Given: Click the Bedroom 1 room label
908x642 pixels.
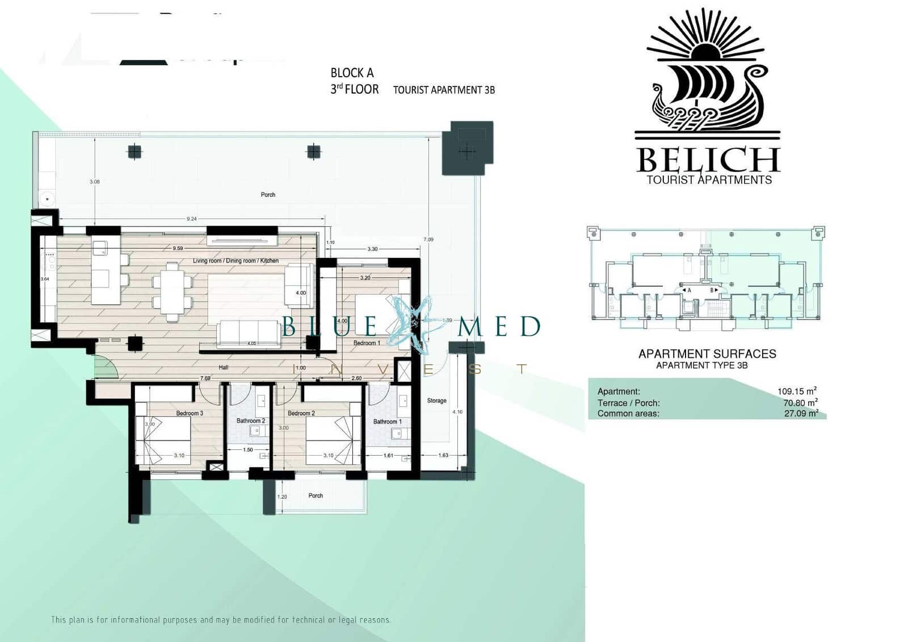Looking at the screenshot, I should (367, 343).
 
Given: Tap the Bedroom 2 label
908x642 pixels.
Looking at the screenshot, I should (301, 413).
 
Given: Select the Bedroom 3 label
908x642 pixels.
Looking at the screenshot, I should (190, 413).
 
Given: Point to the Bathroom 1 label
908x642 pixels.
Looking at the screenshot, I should (387, 422).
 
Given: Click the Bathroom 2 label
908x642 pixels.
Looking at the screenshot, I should (251, 421).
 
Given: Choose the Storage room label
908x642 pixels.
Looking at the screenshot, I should (436, 401).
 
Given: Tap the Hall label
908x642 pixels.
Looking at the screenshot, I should (224, 368).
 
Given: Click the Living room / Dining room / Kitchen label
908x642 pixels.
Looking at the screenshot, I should (236, 261).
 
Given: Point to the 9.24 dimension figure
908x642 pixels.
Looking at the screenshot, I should (191, 219).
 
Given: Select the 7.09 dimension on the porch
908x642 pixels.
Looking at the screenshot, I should (428, 239).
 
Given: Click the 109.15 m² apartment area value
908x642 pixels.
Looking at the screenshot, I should (797, 391).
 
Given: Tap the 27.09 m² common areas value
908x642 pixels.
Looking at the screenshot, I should (801, 414).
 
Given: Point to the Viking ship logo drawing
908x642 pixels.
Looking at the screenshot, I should (707, 94).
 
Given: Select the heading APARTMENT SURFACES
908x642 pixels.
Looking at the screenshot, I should (707, 353).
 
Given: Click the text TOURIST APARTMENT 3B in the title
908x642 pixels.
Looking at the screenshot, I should (444, 90).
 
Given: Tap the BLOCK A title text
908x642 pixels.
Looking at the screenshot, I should (352, 73).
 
